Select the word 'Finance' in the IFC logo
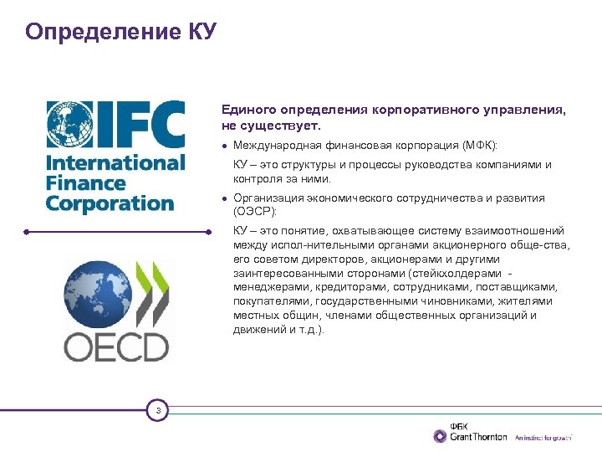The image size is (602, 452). (x=85, y=182)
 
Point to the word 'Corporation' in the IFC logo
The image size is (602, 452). (x=110, y=203)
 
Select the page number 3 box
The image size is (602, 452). (x=157, y=410)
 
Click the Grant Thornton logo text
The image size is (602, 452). (x=478, y=436)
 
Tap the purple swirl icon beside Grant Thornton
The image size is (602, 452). (x=441, y=435)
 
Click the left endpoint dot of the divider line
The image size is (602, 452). (x=26, y=231)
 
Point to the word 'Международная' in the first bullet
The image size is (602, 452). (x=275, y=146)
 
